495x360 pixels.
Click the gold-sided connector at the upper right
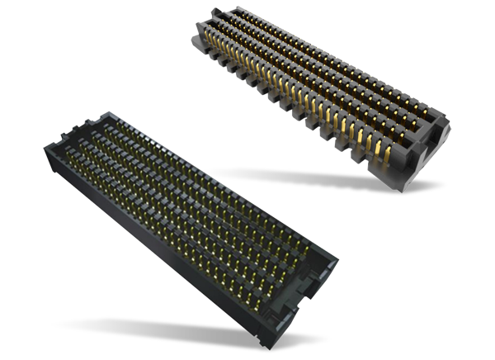point(322,91)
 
